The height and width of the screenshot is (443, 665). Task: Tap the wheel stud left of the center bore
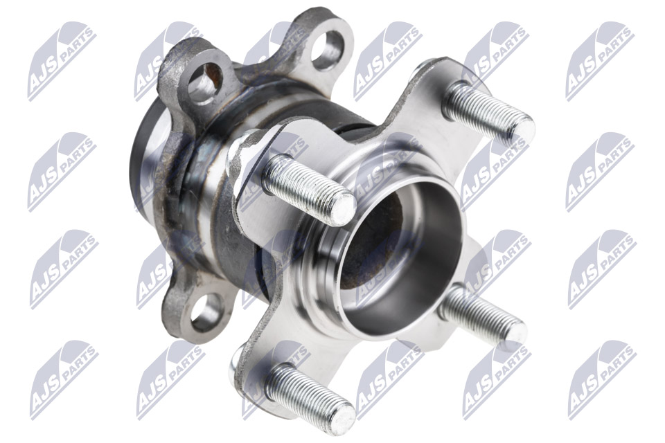click(x=309, y=189)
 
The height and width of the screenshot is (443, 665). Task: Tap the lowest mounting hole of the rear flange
click(x=206, y=312)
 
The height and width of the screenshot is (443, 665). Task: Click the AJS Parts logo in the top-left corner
click(x=62, y=61)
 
